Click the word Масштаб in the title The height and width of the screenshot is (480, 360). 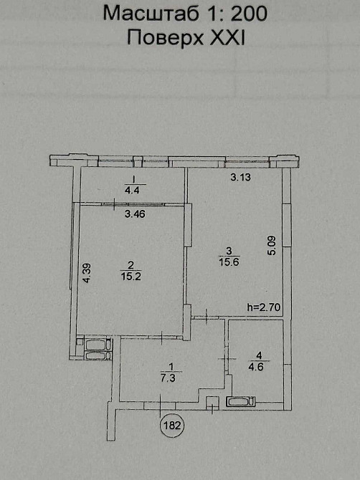(x=144, y=14)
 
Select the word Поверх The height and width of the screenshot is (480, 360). (x=160, y=38)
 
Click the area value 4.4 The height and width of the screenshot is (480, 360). (x=133, y=191)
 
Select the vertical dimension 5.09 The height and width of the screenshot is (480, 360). (x=272, y=246)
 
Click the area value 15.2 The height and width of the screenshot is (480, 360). (x=132, y=274)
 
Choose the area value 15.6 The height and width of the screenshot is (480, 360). (x=228, y=261)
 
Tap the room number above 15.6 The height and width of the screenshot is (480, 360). (x=228, y=251)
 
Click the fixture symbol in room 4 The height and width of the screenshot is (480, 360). (x=240, y=402)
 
